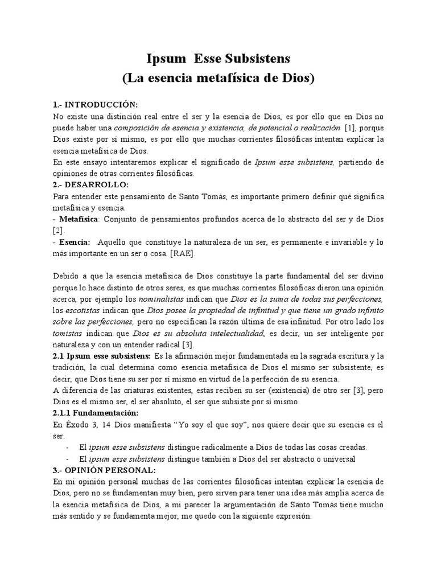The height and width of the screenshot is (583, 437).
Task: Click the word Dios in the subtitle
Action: (x=295, y=78)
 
